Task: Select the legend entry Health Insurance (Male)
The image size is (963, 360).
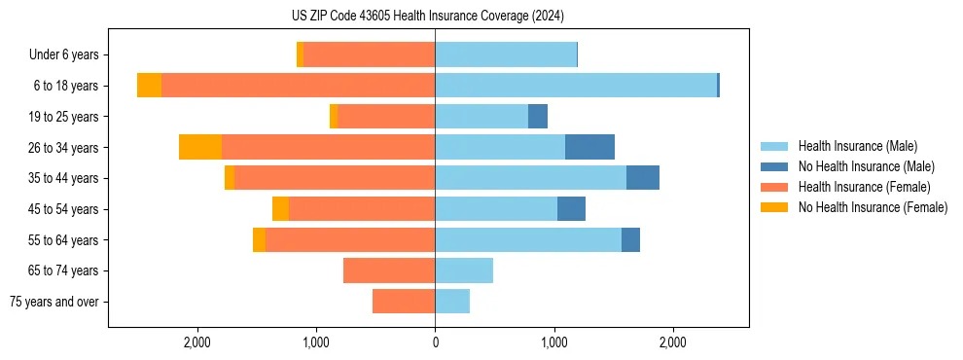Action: click(x=856, y=146)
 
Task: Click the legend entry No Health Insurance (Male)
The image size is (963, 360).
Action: click(x=866, y=166)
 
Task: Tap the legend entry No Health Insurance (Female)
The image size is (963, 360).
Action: click(x=873, y=207)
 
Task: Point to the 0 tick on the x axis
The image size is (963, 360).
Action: click(x=435, y=342)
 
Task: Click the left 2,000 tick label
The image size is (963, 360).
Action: click(x=197, y=342)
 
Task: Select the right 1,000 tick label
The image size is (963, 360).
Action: click(x=553, y=342)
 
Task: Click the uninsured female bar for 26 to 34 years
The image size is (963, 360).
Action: click(x=200, y=147)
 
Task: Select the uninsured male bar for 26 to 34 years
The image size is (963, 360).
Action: click(x=589, y=147)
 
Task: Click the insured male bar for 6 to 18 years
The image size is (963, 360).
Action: click(x=576, y=86)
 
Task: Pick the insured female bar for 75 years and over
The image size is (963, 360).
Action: click(x=404, y=302)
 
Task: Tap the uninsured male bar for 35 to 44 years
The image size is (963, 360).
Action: click(x=643, y=178)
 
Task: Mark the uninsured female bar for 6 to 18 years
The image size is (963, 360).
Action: click(x=149, y=86)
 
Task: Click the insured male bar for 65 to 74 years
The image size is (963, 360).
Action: click(x=464, y=270)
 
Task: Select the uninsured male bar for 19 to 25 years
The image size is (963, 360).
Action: click(x=538, y=117)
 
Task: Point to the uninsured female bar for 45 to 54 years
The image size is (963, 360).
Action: click(x=280, y=209)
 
